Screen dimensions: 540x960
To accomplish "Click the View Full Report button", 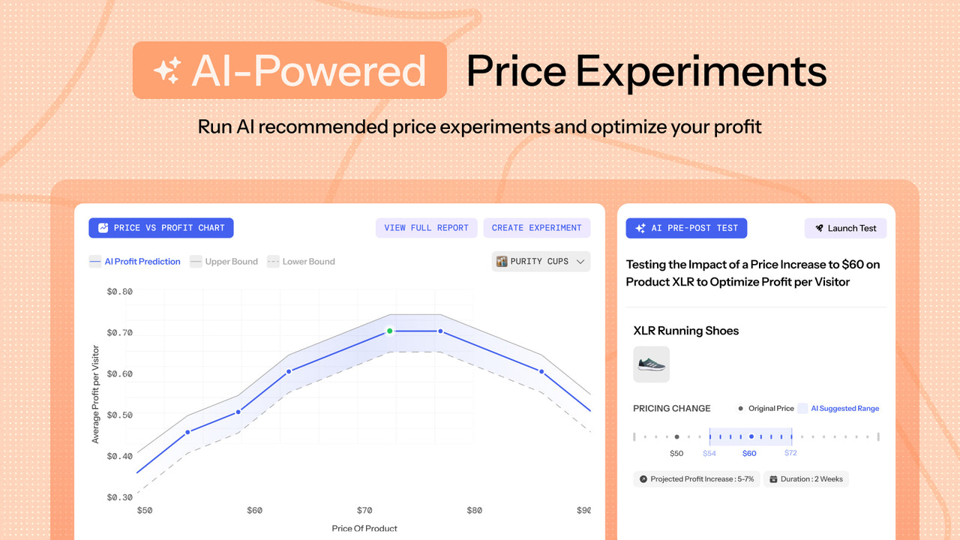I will pyautogui.click(x=426, y=228).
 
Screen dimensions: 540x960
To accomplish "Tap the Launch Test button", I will pyautogui.click(x=845, y=228).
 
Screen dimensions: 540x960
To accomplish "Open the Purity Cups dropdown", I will pyautogui.click(x=541, y=262).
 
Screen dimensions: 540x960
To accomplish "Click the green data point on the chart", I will pyautogui.click(x=390, y=331).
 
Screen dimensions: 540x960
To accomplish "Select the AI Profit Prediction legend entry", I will pyautogui.click(x=135, y=262).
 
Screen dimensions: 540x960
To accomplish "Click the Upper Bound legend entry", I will pyautogui.click(x=223, y=262).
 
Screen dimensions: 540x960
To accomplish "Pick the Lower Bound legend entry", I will pyautogui.click(x=301, y=262).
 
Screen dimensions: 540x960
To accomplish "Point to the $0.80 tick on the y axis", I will pyautogui.click(x=120, y=291).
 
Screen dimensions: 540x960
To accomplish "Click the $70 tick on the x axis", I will pyautogui.click(x=364, y=511).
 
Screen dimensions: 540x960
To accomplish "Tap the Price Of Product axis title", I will pyautogui.click(x=364, y=528).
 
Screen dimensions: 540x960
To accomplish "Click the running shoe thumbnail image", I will pyautogui.click(x=651, y=364).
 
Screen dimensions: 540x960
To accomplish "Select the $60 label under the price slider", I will pyautogui.click(x=749, y=453).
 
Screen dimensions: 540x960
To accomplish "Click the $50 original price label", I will pyautogui.click(x=676, y=453).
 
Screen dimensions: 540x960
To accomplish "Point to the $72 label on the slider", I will pyautogui.click(x=790, y=453).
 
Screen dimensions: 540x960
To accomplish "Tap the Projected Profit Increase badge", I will pyautogui.click(x=697, y=478).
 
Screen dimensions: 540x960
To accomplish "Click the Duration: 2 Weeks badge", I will pyautogui.click(x=806, y=478).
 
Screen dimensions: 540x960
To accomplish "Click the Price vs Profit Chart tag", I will pyautogui.click(x=161, y=228).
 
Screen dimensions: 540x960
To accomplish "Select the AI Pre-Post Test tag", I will pyautogui.click(x=687, y=228).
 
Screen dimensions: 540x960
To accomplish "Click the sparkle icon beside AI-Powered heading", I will pyautogui.click(x=166, y=71).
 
